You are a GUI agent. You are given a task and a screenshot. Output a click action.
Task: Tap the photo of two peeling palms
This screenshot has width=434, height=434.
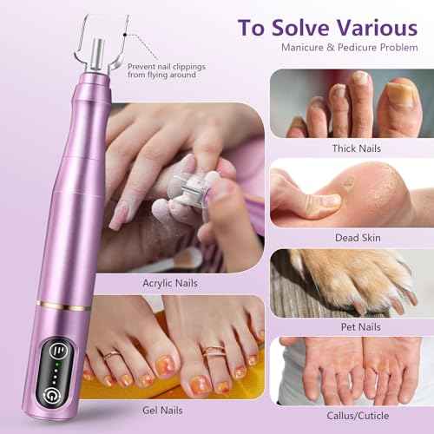352,373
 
